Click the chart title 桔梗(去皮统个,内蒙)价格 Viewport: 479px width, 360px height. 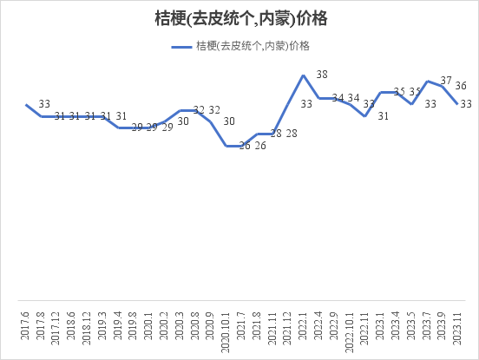pyautogui.click(x=239, y=18)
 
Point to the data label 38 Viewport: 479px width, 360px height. pyautogui.click(x=322, y=75)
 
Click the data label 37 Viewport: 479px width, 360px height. pyautogui.click(x=446, y=80)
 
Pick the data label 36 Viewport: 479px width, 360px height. pyautogui.click(x=462, y=86)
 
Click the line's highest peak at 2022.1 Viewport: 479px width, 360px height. pyautogui.click(x=303, y=75)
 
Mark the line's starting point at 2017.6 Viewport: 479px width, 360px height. pyautogui.click(x=26, y=105)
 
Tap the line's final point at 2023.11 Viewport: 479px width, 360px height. pyautogui.click(x=458, y=103)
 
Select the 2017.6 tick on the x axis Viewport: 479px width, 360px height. pyautogui.click(x=26, y=331)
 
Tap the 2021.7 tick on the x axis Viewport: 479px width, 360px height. pyautogui.click(x=241, y=331)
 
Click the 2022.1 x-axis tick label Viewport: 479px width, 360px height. pyautogui.click(x=303, y=331)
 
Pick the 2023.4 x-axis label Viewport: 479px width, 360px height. pyautogui.click(x=396, y=331)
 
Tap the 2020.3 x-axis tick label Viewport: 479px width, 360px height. pyautogui.click(x=180, y=331)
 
